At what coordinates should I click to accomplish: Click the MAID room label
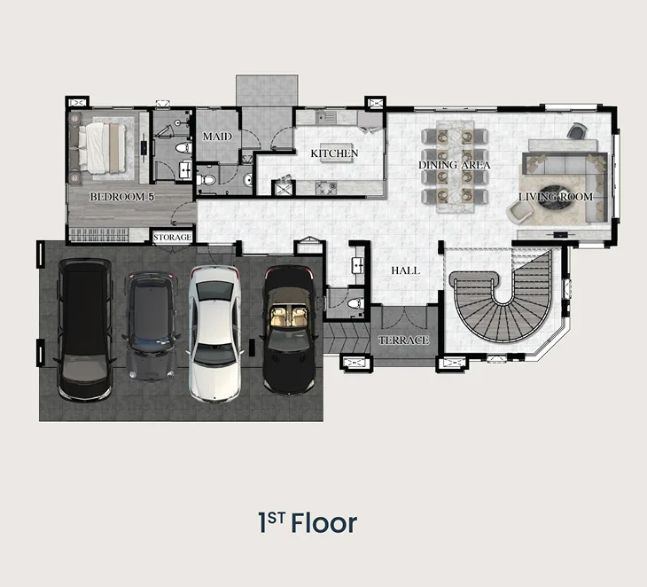pyautogui.click(x=217, y=137)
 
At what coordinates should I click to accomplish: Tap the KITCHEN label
pyautogui.click(x=334, y=153)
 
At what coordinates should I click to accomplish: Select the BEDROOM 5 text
pyautogui.click(x=122, y=197)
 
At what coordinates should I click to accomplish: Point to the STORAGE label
pyautogui.click(x=173, y=238)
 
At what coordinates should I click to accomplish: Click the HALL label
pyautogui.click(x=406, y=270)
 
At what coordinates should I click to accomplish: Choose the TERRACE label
pyautogui.click(x=403, y=340)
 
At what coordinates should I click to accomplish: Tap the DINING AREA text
pyautogui.click(x=455, y=165)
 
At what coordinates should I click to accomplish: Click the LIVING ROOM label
pyautogui.click(x=556, y=197)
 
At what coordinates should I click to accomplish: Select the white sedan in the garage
pyautogui.click(x=214, y=333)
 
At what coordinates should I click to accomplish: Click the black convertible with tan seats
pyautogui.click(x=288, y=330)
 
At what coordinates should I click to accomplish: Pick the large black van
pyautogui.click(x=85, y=330)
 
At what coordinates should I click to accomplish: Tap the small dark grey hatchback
pyautogui.click(x=151, y=325)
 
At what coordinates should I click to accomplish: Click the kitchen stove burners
pyautogui.click(x=326, y=188)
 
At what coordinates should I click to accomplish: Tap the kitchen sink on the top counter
pyautogui.click(x=326, y=117)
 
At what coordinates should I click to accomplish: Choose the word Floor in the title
pyautogui.click(x=323, y=523)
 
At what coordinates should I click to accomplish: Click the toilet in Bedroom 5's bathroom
pyautogui.click(x=183, y=147)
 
